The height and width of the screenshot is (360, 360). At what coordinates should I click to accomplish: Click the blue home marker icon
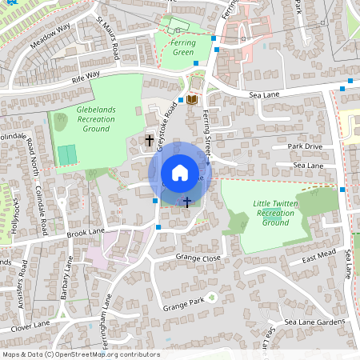click(x=180, y=173)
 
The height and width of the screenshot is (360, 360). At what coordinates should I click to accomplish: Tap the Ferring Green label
click(x=183, y=47)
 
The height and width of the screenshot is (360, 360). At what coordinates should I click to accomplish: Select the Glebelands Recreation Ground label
click(x=96, y=118)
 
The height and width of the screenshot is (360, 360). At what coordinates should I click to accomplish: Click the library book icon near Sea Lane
click(x=192, y=99)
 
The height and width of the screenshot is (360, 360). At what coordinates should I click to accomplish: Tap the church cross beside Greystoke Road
click(x=150, y=141)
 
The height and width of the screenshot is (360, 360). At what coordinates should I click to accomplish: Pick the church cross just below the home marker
click(x=187, y=202)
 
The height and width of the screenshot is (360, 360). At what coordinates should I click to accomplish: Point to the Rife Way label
click(x=86, y=76)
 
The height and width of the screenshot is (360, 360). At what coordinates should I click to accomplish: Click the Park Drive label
click(x=305, y=146)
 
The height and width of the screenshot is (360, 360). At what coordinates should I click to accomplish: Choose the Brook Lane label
click(x=86, y=233)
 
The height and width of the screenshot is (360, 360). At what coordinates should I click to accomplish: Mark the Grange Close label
click(x=198, y=258)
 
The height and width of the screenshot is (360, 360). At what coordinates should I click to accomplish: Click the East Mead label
click(x=318, y=256)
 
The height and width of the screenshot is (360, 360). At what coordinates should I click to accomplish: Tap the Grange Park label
click(x=184, y=306)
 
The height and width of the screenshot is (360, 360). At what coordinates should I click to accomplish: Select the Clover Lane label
click(x=31, y=325)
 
